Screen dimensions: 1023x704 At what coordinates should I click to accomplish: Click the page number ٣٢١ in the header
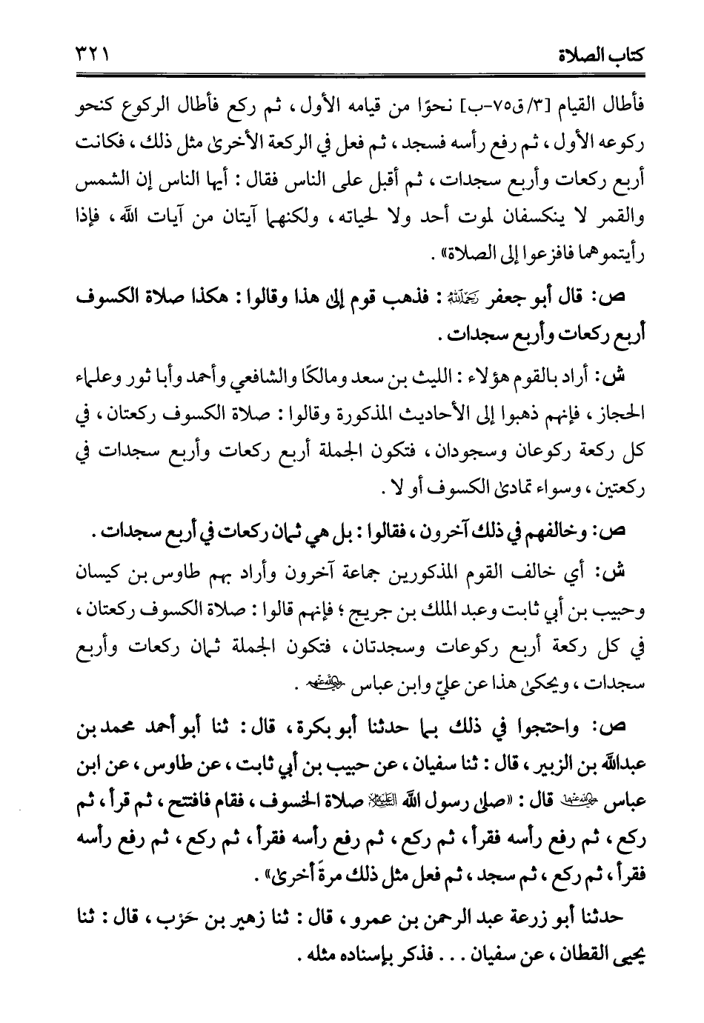tap(89, 55)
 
